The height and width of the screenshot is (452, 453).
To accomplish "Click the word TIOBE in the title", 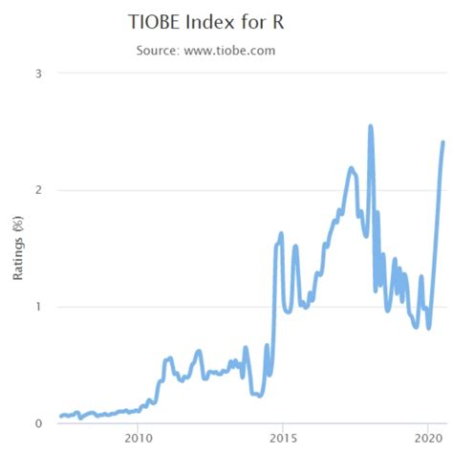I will [x=156, y=21].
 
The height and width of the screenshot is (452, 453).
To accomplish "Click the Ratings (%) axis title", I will [x=17, y=248].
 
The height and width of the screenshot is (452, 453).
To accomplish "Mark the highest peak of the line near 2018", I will [x=370, y=125].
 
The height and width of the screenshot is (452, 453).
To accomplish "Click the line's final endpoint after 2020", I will [x=442, y=142].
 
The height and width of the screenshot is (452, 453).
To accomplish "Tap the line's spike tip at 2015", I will [x=281, y=233].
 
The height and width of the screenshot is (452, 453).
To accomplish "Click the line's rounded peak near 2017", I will [x=351, y=168].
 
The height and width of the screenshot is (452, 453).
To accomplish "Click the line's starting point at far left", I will [x=60, y=416].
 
